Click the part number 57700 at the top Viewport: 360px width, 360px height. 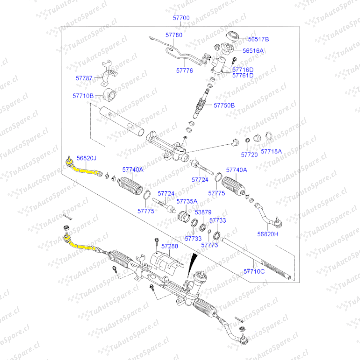181,18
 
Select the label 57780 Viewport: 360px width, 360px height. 174,35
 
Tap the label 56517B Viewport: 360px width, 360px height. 258,39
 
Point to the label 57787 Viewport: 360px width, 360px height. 84,78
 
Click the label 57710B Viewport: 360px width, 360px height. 83,96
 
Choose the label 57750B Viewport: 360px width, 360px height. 224,105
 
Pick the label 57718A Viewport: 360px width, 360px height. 271,151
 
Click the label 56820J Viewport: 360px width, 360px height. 86,158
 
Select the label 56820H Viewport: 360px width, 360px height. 268,234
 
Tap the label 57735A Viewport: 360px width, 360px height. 187,201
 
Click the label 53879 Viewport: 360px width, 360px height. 203,212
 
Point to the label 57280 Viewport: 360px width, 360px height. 170,246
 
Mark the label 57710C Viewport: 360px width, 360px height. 254,271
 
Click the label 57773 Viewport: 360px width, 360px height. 209,245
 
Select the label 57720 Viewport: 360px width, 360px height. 249,155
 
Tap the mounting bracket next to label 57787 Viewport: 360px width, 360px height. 108,73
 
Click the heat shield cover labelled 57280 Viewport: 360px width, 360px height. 165,262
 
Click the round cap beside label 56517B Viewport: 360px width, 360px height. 232,36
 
